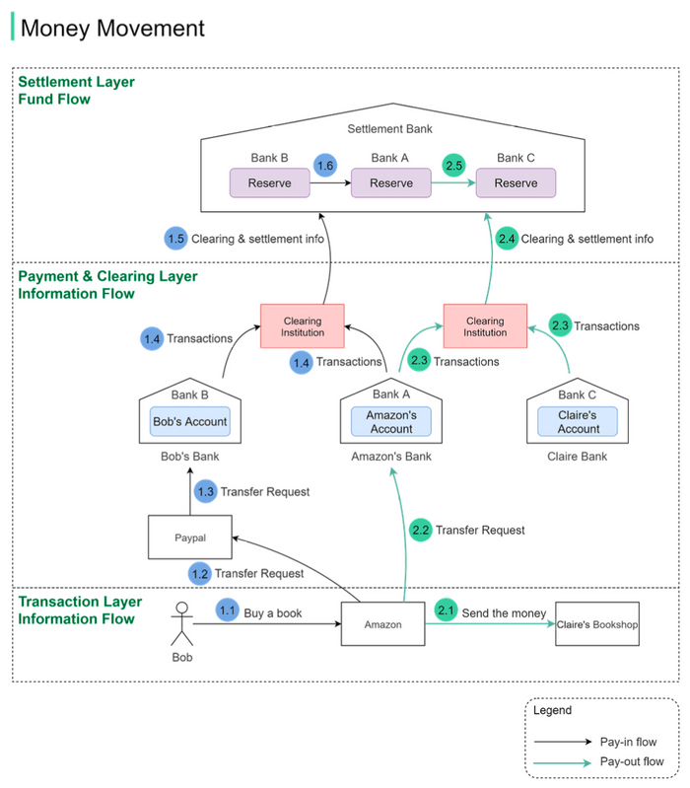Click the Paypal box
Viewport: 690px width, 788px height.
(190, 538)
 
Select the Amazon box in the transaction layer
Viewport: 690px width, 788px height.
(383, 624)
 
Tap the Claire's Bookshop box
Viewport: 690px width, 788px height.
(597, 624)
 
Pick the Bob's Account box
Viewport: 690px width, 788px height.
(190, 421)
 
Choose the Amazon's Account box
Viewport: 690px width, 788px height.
(391, 422)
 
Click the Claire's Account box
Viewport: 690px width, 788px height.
(579, 422)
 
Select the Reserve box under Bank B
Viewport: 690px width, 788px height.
(269, 183)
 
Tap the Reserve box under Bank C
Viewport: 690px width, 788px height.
(516, 183)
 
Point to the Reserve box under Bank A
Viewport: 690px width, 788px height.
(391, 183)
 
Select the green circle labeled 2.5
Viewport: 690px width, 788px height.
(454, 166)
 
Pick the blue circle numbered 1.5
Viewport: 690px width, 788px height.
(175, 238)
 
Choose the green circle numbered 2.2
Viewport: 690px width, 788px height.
(421, 530)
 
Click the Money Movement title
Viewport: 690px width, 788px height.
(112, 28)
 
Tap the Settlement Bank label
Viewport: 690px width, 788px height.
(389, 129)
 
